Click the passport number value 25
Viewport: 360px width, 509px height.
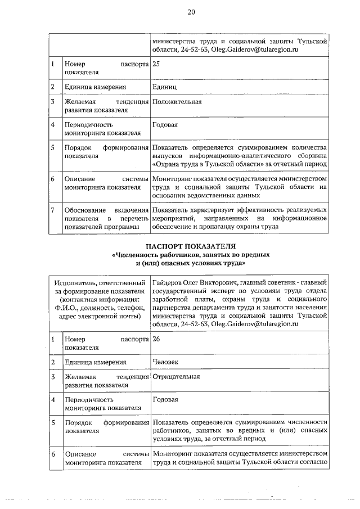click(x=156, y=64)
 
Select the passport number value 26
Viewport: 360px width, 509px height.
click(x=156, y=340)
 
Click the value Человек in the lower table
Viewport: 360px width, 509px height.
click(x=166, y=362)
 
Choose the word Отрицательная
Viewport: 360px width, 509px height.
click(x=176, y=377)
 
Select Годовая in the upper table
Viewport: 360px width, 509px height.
click(x=165, y=124)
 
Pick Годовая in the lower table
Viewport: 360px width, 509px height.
click(x=165, y=399)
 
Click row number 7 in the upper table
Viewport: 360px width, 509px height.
click(x=52, y=210)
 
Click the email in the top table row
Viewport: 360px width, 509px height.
click(x=254, y=50)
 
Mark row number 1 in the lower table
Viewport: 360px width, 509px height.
click(x=52, y=340)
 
